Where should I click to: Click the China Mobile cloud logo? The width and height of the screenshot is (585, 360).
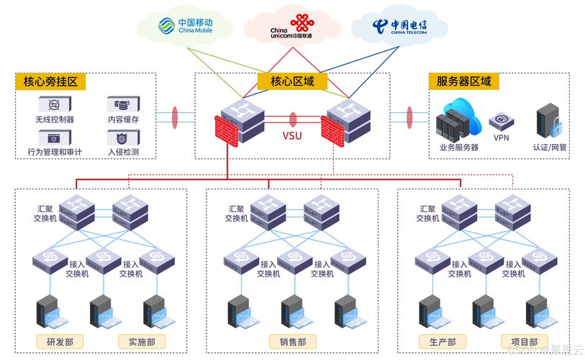point(186,27)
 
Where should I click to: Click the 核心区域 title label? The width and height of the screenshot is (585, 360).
point(292,81)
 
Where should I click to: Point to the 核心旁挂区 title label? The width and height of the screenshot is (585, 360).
point(50,81)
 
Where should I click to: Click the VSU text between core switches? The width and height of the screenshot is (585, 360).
point(292,135)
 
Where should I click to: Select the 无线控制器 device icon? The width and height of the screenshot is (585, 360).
point(54,104)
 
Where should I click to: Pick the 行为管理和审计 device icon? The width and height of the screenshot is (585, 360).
point(54,138)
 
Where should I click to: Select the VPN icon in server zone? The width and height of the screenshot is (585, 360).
point(501,121)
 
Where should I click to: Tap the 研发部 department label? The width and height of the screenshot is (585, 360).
point(59,341)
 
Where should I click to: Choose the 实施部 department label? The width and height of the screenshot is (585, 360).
point(141,341)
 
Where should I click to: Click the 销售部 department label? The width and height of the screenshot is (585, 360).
point(292,341)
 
